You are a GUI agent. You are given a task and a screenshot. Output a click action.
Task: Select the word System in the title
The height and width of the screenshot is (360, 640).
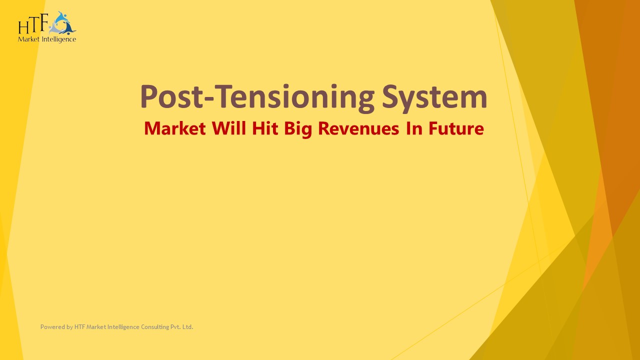point(434,97)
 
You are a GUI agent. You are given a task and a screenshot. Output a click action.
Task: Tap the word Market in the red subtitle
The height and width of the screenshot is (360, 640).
point(174,128)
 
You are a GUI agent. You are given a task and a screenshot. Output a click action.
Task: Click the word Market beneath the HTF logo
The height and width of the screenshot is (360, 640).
point(27,39)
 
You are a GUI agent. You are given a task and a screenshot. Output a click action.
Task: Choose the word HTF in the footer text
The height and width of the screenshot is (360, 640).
point(79,327)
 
